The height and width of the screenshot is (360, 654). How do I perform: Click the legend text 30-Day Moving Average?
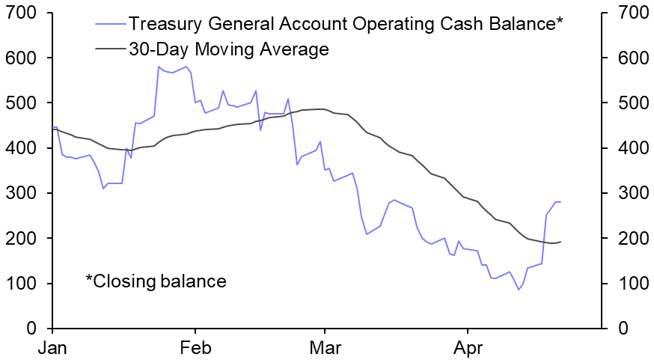point(228,49)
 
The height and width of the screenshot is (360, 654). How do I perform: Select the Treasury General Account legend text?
point(345,23)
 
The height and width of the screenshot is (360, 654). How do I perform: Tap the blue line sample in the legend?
point(110,23)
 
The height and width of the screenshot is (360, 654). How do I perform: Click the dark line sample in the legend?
point(110,49)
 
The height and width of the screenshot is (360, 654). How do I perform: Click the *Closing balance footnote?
point(156,281)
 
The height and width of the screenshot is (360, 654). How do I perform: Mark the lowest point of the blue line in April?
point(519,290)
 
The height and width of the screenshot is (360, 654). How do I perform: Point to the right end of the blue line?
point(561,202)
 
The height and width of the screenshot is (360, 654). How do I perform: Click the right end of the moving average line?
point(561,241)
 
